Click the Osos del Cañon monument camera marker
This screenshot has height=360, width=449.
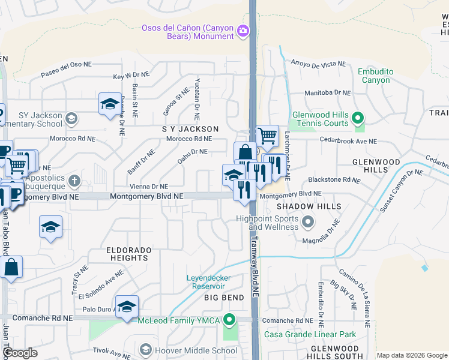coord(243,30)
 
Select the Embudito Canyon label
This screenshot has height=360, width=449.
coord(375,76)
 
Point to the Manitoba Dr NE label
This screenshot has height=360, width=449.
coord(327,93)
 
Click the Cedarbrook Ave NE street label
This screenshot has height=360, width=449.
coord(348,142)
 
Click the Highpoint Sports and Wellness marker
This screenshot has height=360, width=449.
coord(308,223)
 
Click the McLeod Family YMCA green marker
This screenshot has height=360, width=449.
coord(229,319)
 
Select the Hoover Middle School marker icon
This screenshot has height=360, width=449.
coord(145,349)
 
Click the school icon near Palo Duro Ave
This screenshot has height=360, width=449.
coord(127,307)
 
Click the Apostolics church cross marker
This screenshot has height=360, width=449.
coord(74,180)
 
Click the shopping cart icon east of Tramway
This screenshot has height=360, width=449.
coord(267,136)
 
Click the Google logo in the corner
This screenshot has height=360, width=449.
coord(20,353)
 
